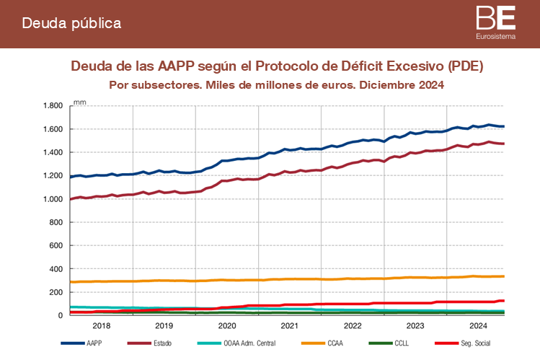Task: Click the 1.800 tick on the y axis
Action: click(x=54, y=106)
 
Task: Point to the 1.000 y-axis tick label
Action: click(x=54, y=199)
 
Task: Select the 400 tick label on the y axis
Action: click(x=58, y=269)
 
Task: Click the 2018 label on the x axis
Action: click(x=101, y=325)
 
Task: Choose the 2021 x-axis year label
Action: click(x=290, y=325)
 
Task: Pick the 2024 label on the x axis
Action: click(x=479, y=325)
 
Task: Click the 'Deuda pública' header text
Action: click(x=71, y=23)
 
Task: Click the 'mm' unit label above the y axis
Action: click(x=80, y=102)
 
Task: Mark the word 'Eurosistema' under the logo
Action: click(x=496, y=35)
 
